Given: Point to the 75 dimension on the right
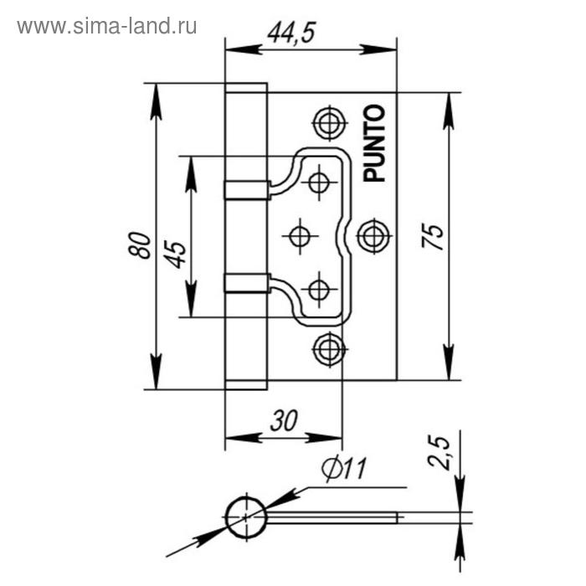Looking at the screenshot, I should pyautogui.click(x=432, y=237).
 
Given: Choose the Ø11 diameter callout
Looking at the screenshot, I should pyautogui.click(x=344, y=472).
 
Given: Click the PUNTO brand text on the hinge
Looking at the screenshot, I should pyautogui.click(x=374, y=143).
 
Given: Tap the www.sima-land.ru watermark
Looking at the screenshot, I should pyautogui.click(x=107, y=26).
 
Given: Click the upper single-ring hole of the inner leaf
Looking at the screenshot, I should pyautogui.click(x=319, y=181).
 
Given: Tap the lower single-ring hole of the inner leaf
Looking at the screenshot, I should pyautogui.click(x=319, y=290).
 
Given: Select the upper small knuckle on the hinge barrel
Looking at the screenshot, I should pyautogui.click(x=246, y=189).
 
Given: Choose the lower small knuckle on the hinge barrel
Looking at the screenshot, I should pyautogui.click(x=246, y=282).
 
